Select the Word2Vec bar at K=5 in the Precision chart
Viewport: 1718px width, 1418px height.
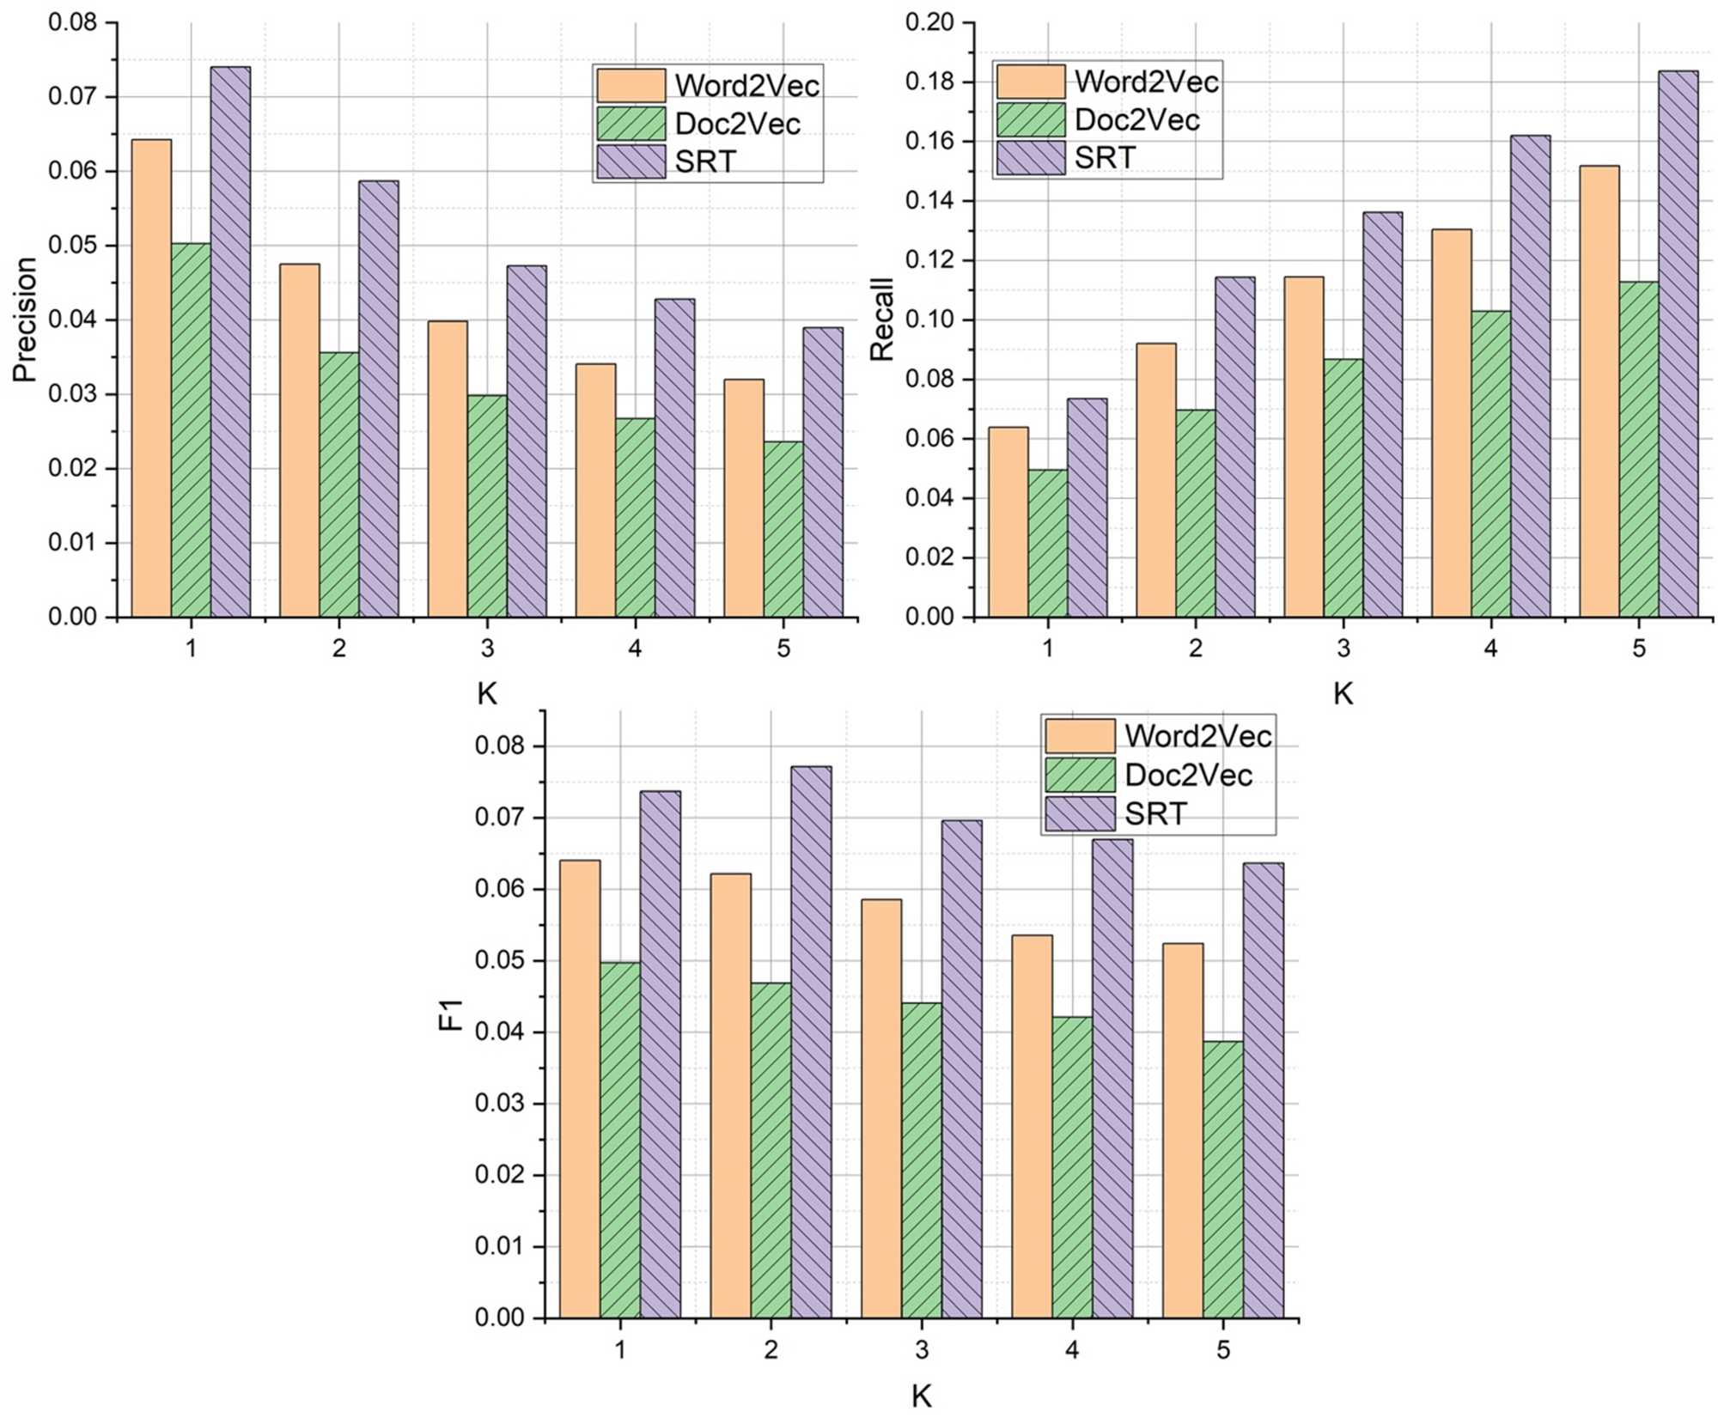[743, 498]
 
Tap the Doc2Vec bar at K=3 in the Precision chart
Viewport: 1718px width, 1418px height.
[487, 506]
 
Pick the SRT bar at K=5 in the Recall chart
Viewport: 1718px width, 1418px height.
[1678, 344]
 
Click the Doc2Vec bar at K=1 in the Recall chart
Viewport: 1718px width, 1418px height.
[1047, 543]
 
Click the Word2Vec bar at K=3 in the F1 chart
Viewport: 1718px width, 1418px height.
[881, 1108]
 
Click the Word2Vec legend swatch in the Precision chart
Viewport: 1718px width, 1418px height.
[631, 85]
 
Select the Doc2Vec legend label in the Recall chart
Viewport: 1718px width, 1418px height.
[1136, 119]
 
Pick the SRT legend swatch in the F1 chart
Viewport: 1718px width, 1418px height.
[1080, 813]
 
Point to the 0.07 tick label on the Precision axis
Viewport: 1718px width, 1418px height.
[72, 96]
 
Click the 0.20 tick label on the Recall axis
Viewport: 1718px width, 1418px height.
[929, 22]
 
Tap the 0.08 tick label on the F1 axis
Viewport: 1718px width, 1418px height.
[499, 746]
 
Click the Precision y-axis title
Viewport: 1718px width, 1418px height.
[24, 320]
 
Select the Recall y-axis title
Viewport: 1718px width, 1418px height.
[881, 320]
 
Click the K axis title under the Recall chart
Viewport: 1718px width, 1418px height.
[1343, 693]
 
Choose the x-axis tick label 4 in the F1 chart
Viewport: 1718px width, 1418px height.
[1072, 1349]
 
